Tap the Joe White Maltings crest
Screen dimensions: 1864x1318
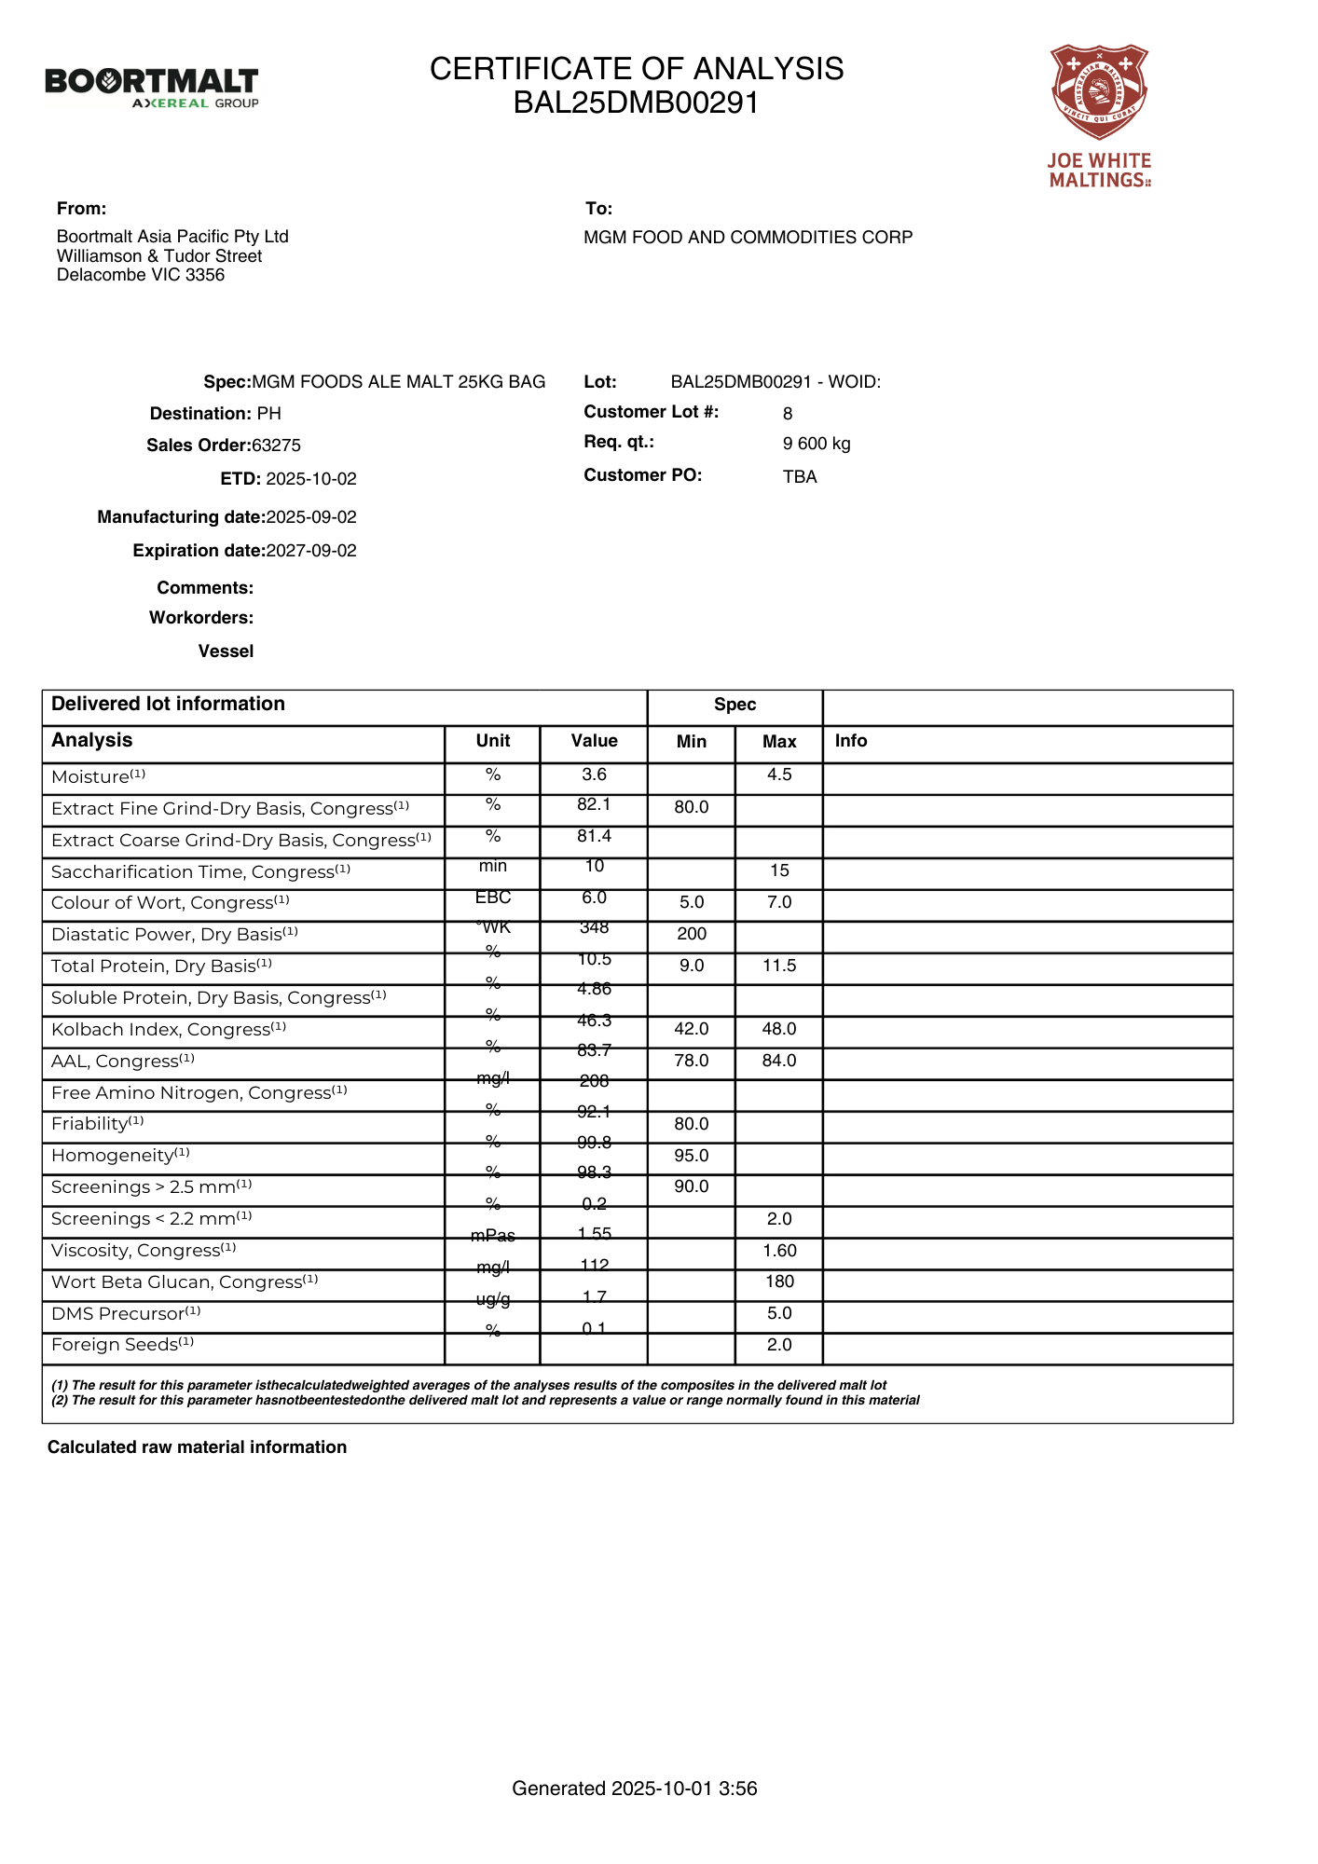point(1100,91)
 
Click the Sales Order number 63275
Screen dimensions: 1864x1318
point(276,445)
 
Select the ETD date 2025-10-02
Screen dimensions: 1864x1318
point(311,479)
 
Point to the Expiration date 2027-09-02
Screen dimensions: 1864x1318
point(311,551)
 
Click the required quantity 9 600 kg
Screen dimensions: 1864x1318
point(817,444)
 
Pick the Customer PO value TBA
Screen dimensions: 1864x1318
point(800,477)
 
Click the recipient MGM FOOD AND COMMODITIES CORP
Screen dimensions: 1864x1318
point(748,238)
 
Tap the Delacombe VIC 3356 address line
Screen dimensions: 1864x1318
point(141,275)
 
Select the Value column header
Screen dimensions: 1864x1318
point(594,741)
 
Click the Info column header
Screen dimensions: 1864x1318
point(851,741)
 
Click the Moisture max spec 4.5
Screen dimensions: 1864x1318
point(779,775)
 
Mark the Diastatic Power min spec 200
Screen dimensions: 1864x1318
point(692,934)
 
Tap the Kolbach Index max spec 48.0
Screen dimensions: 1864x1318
point(779,1029)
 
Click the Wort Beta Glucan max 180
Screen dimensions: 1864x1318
point(779,1281)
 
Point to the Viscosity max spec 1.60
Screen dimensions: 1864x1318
point(779,1251)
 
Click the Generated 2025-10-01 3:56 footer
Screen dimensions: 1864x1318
point(635,1789)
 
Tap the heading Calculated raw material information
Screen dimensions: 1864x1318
point(197,1447)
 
